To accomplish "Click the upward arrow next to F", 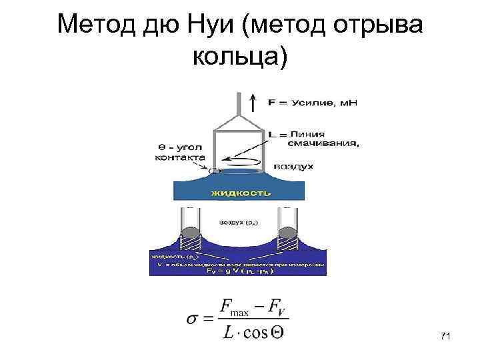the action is point(252,102).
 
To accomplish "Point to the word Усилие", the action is point(318,103).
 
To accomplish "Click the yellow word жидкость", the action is point(241,193).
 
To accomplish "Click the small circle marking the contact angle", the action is point(213,171).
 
